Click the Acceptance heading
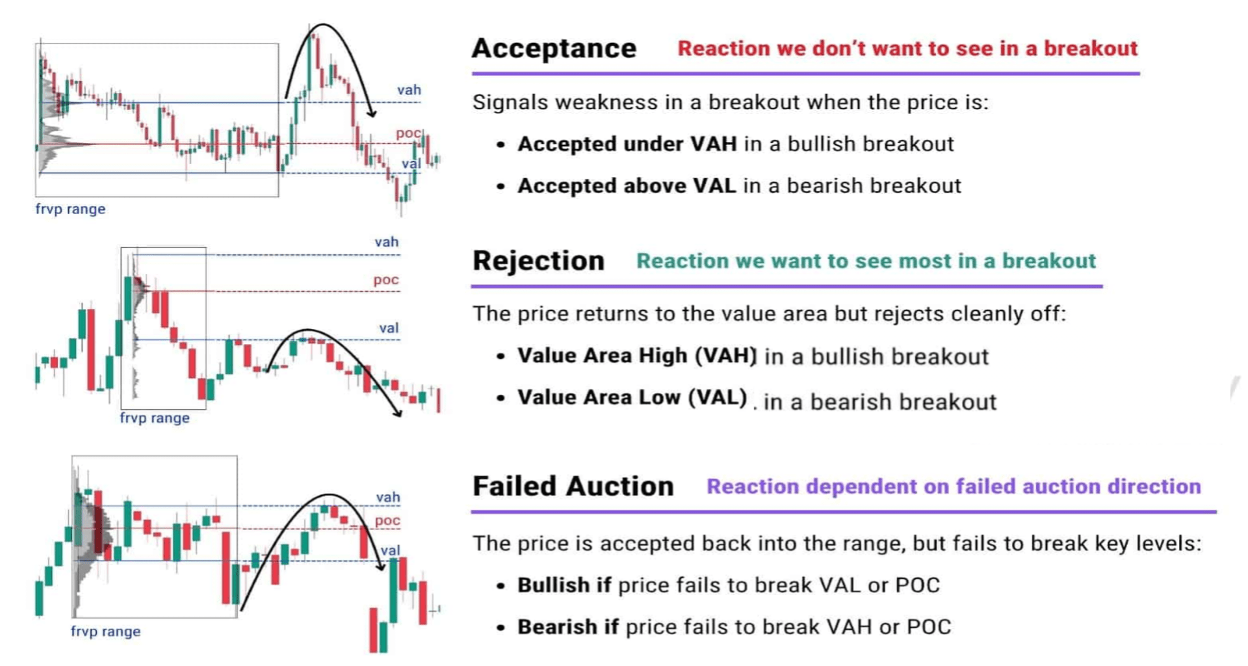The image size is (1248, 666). tap(554, 49)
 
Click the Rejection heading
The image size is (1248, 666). tap(538, 261)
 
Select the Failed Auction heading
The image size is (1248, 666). tap(573, 486)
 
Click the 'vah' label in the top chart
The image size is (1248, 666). tap(409, 90)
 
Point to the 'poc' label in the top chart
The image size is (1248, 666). tap(408, 133)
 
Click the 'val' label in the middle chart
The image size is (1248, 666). tap(389, 328)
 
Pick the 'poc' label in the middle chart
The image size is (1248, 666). tap(385, 280)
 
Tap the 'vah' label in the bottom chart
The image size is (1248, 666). tap(388, 498)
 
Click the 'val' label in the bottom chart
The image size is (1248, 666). tap(390, 550)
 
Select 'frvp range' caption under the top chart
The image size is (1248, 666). tap(70, 209)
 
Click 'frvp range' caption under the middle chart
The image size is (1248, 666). tap(155, 418)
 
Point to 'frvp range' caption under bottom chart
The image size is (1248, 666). tap(105, 632)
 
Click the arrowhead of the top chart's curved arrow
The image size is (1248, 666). tap(372, 114)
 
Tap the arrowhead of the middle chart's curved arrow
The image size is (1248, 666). tap(398, 413)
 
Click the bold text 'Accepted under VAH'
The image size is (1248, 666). tap(627, 144)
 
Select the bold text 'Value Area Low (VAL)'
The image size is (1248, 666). tap(632, 397)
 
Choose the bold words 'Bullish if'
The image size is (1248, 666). tap(564, 585)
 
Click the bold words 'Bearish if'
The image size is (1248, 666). tap(567, 627)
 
